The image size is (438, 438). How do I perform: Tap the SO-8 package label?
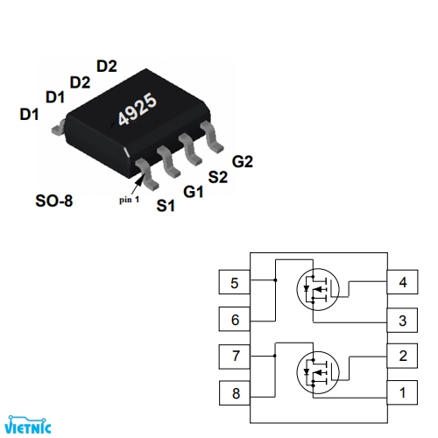[54, 201]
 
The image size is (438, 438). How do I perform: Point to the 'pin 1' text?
[130, 199]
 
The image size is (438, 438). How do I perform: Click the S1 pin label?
[165, 207]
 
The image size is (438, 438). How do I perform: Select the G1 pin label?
[193, 191]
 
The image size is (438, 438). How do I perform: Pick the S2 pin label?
[218, 177]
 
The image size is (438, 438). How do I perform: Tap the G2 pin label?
[243, 162]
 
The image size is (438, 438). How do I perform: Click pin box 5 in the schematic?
[235, 283]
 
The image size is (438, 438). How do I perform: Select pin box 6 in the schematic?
[235, 320]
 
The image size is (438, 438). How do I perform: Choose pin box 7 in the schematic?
[235, 357]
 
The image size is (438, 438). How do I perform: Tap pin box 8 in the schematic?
[235, 393]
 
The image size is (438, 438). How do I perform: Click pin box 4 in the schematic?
[402, 283]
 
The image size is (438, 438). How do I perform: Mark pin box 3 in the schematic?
[402, 320]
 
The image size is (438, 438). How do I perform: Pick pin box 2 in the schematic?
[402, 357]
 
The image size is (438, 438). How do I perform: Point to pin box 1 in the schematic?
[402, 393]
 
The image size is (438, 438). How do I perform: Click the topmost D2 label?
[107, 66]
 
